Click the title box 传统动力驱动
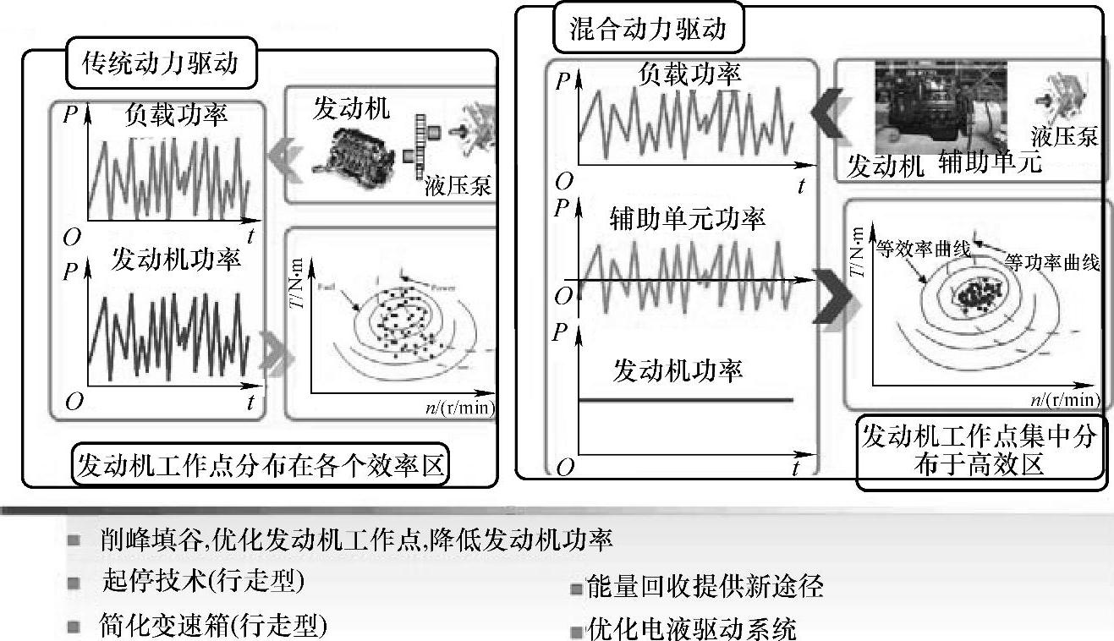pos(160,63)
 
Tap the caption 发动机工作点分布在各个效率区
pos(261,465)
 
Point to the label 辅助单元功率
pos(687,219)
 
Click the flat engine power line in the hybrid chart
pos(685,398)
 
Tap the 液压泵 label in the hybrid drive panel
pos(1064,136)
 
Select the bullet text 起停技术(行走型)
pos(202,582)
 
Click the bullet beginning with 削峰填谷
pos(355,539)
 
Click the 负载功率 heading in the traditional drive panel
pos(176,113)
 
